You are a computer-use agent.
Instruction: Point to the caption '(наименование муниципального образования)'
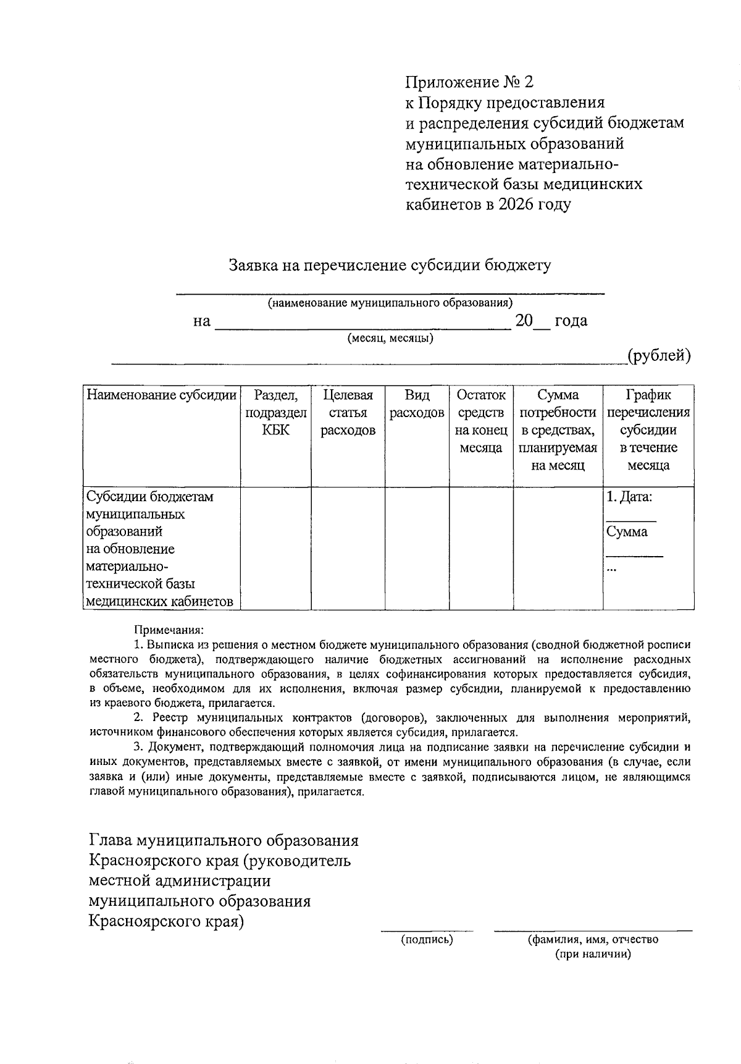coord(390,303)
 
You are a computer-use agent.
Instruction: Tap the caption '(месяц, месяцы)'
coord(390,339)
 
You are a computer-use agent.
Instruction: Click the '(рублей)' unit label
coord(658,356)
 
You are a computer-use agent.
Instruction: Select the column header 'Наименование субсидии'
coord(161,395)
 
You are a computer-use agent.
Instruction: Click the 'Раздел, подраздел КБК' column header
coord(275,413)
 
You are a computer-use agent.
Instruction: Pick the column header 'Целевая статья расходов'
coord(348,413)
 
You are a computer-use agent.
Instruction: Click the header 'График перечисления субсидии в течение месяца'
coord(648,430)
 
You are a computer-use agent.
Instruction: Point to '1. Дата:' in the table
coord(629,497)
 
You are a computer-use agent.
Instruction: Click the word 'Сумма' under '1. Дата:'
coord(627,532)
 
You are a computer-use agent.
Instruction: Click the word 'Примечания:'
coord(169,631)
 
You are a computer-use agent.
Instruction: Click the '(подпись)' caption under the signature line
coord(427,940)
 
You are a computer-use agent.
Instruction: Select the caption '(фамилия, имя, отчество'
coord(593,940)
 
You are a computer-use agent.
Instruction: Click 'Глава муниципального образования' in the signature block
coord(224,841)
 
